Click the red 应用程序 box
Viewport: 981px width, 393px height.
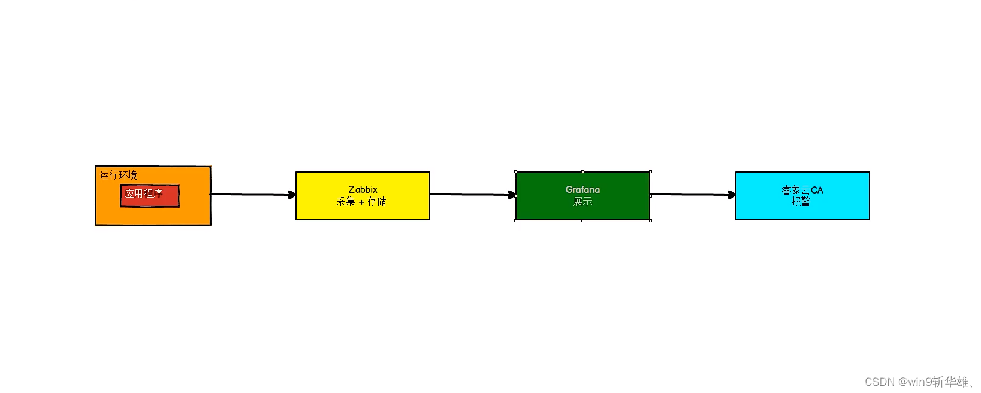[x=150, y=196]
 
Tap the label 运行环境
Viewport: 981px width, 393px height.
[x=118, y=175]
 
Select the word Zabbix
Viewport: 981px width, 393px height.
[x=363, y=189]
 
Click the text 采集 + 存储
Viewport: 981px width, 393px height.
[x=361, y=202]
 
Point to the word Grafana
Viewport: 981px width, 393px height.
[x=582, y=189]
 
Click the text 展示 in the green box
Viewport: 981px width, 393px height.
[x=582, y=202]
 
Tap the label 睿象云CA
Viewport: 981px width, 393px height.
[x=802, y=190]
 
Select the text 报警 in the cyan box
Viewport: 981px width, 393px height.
[x=801, y=202]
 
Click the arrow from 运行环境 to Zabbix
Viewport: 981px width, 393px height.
[x=252, y=194]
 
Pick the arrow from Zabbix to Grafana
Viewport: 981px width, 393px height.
[x=472, y=194]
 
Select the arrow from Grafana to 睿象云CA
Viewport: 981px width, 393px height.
[x=692, y=194]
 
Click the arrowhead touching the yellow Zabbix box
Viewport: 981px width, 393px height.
[x=292, y=195]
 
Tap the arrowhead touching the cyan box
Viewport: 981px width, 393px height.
[x=732, y=195]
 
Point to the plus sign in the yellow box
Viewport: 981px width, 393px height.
[x=361, y=202]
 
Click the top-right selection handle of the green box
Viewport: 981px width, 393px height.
[x=650, y=172]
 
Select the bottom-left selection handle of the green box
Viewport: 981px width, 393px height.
[x=516, y=220]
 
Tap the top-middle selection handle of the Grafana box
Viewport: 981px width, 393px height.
[x=582, y=172]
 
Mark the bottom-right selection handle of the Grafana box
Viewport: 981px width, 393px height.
[x=650, y=220]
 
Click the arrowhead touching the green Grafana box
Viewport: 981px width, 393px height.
[x=512, y=195]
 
